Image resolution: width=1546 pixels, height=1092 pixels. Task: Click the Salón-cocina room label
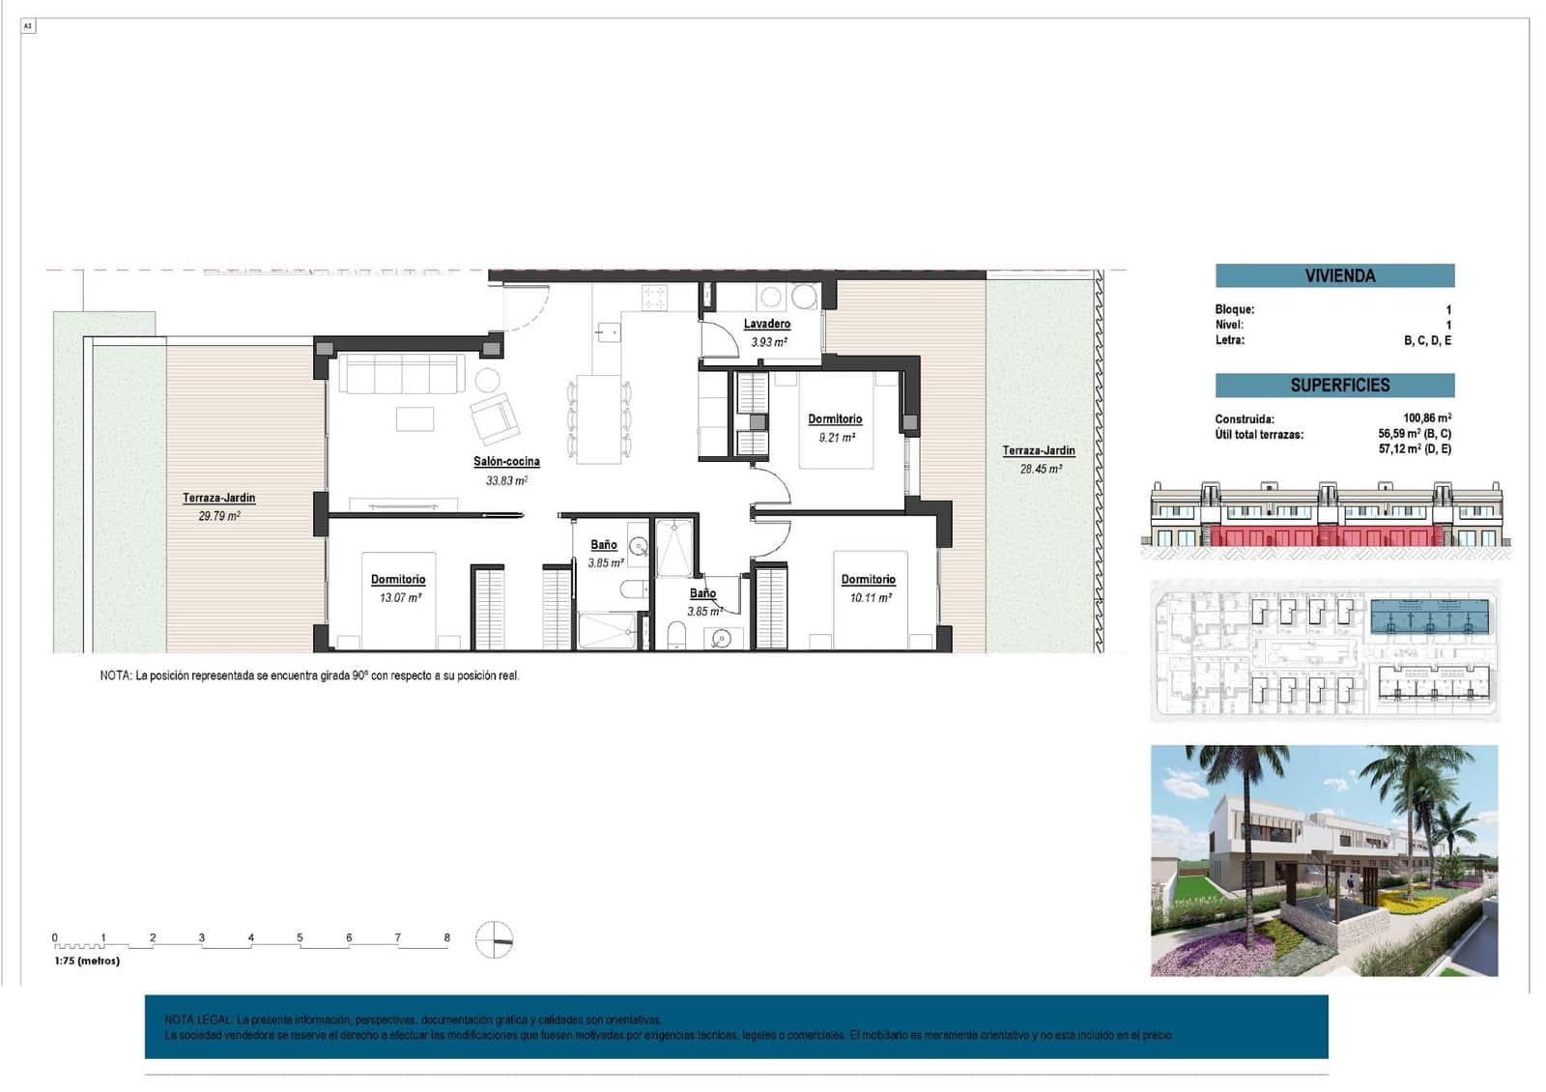(506, 462)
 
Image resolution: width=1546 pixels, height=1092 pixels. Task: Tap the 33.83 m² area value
(506, 480)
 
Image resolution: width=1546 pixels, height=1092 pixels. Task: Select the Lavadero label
(767, 324)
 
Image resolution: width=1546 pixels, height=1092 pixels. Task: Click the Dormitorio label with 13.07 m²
(398, 580)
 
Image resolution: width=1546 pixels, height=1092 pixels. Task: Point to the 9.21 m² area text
(837, 438)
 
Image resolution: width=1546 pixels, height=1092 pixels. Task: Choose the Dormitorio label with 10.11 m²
(868, 580)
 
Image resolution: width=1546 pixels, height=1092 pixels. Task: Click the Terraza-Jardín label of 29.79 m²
(219, 498)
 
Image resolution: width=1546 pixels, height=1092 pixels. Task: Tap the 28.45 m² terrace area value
(1041, 469)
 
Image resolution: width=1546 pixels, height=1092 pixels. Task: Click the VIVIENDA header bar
(1334, 275)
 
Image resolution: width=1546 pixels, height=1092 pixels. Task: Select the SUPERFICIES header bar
(1334, 385)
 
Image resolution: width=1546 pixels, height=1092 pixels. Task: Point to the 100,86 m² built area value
(1426, 418)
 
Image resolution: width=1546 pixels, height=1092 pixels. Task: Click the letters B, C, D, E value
(1427, 340)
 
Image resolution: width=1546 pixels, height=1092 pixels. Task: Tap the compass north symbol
(494, 939)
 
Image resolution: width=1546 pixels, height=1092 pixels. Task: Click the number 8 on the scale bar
(446, 937)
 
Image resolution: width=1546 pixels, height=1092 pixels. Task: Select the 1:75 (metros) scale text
(87, 961)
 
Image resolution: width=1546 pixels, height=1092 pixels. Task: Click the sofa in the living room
(400, 374)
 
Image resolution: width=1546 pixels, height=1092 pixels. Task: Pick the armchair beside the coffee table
(495, 418)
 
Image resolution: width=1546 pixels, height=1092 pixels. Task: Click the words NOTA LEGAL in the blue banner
(198, 1020)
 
